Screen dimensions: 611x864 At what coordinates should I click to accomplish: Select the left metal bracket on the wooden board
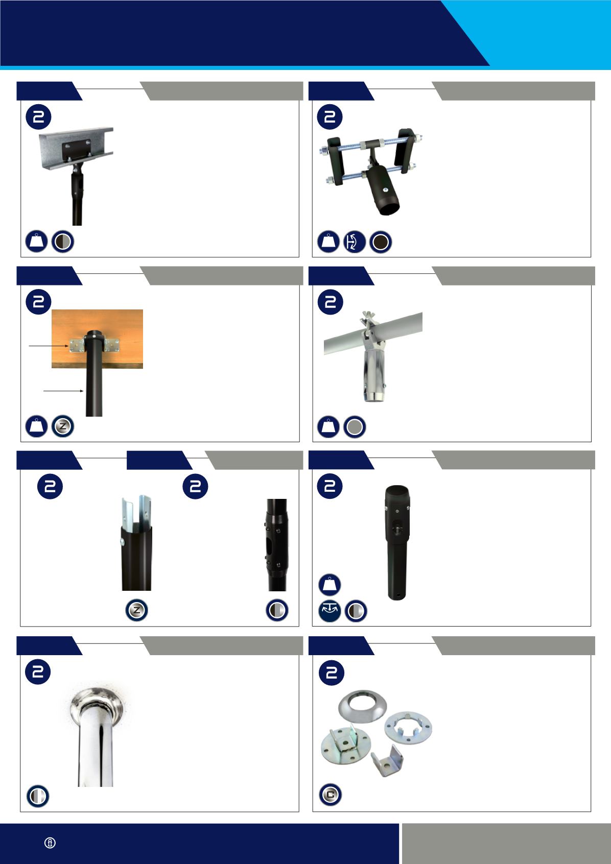(x=77, y=345)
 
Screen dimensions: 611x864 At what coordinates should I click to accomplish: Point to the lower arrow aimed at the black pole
(x=64, y=391)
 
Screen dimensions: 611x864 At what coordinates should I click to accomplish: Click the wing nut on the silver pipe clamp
(x=365, y=317)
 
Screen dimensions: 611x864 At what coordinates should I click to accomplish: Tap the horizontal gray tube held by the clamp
(x=373, y=333)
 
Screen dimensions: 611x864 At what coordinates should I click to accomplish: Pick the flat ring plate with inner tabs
(x=408, y=728)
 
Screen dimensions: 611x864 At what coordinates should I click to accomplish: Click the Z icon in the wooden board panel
(x=62, y=426)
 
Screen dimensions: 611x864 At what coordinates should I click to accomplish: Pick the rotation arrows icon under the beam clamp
(x=355, y=242)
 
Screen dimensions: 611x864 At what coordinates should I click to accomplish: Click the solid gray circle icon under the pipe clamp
(x=355, y=426)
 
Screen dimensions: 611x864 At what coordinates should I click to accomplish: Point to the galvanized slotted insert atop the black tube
(x=136, y=512)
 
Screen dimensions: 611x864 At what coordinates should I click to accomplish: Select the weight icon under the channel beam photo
(x=36, y=242)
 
